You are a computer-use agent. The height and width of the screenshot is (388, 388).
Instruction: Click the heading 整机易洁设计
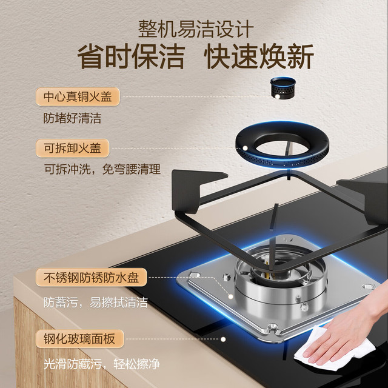196,29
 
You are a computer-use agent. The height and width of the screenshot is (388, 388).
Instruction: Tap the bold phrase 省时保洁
131,56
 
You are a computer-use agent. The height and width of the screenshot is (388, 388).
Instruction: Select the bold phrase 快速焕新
259,56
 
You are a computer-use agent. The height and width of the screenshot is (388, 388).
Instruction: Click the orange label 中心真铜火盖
78,96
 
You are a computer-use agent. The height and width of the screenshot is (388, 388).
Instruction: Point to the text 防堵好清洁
72,118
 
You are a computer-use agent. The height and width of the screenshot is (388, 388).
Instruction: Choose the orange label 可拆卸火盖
73,148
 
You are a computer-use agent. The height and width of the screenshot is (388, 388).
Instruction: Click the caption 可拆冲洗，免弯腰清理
102,169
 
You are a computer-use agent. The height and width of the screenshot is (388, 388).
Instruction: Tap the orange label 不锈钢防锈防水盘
92,277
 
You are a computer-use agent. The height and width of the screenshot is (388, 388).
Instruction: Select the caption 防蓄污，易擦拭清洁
96,302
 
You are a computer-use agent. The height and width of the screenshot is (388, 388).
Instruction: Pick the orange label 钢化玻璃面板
79,338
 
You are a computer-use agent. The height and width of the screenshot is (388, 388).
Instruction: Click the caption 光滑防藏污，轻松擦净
102,364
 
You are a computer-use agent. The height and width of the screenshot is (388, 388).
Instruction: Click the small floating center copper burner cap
283,87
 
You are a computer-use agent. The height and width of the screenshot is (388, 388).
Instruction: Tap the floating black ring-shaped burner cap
282,158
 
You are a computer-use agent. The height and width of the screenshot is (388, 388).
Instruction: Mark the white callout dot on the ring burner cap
245,148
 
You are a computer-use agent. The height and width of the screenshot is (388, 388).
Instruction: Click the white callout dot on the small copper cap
278,96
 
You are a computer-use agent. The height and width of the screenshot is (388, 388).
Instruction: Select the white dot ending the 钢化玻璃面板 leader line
223,339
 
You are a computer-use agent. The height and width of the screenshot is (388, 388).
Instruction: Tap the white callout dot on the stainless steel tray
230,296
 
